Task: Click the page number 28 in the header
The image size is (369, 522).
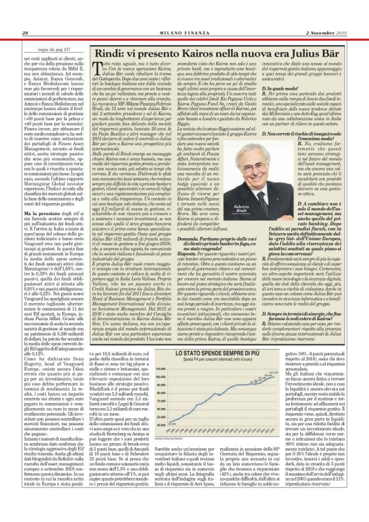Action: [25, 33]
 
